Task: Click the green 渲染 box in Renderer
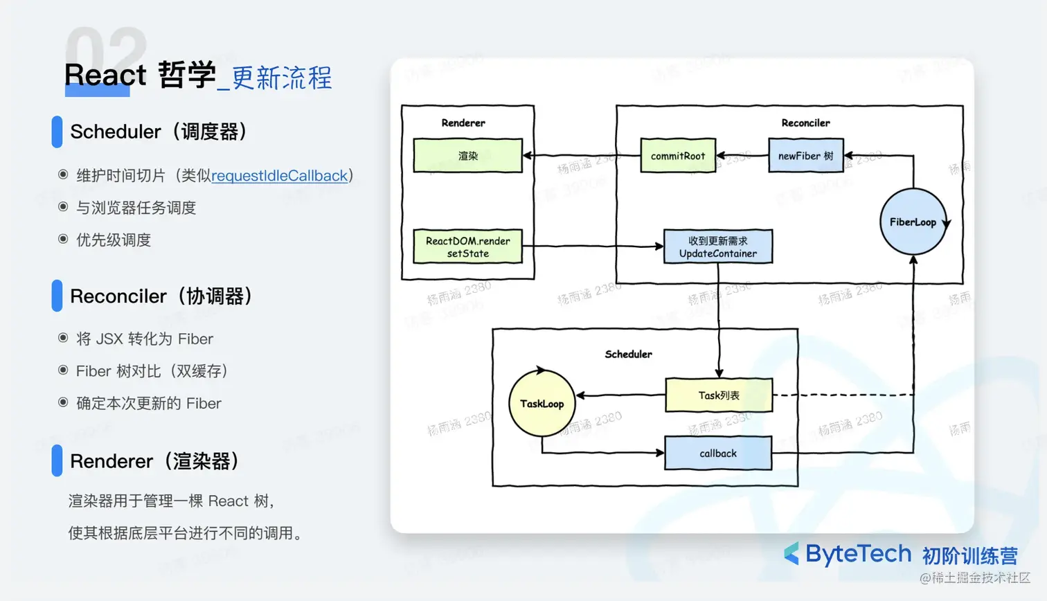point(467,156)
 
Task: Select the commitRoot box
point(678,156)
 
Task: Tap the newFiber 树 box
point(806,156)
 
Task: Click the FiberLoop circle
point(913,222)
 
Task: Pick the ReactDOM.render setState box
point(467,247)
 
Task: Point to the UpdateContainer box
point(718,247)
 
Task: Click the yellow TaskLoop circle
point(542,404)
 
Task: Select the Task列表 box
point(719,395)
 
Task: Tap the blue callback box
point(718,454)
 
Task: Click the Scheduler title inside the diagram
point(628,354)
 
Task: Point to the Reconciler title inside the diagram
point(805,123)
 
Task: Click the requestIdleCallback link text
point(279,176)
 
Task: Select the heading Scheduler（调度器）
point(159,132)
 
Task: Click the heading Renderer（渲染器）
point(155,461)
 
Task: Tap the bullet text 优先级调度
point(114,240)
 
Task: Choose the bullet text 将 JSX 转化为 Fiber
point(145,339)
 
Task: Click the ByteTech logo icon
point(791,554)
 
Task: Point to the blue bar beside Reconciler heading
point(57,296)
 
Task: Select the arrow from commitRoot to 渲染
point(582,156)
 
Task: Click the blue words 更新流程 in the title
point(282,78)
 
